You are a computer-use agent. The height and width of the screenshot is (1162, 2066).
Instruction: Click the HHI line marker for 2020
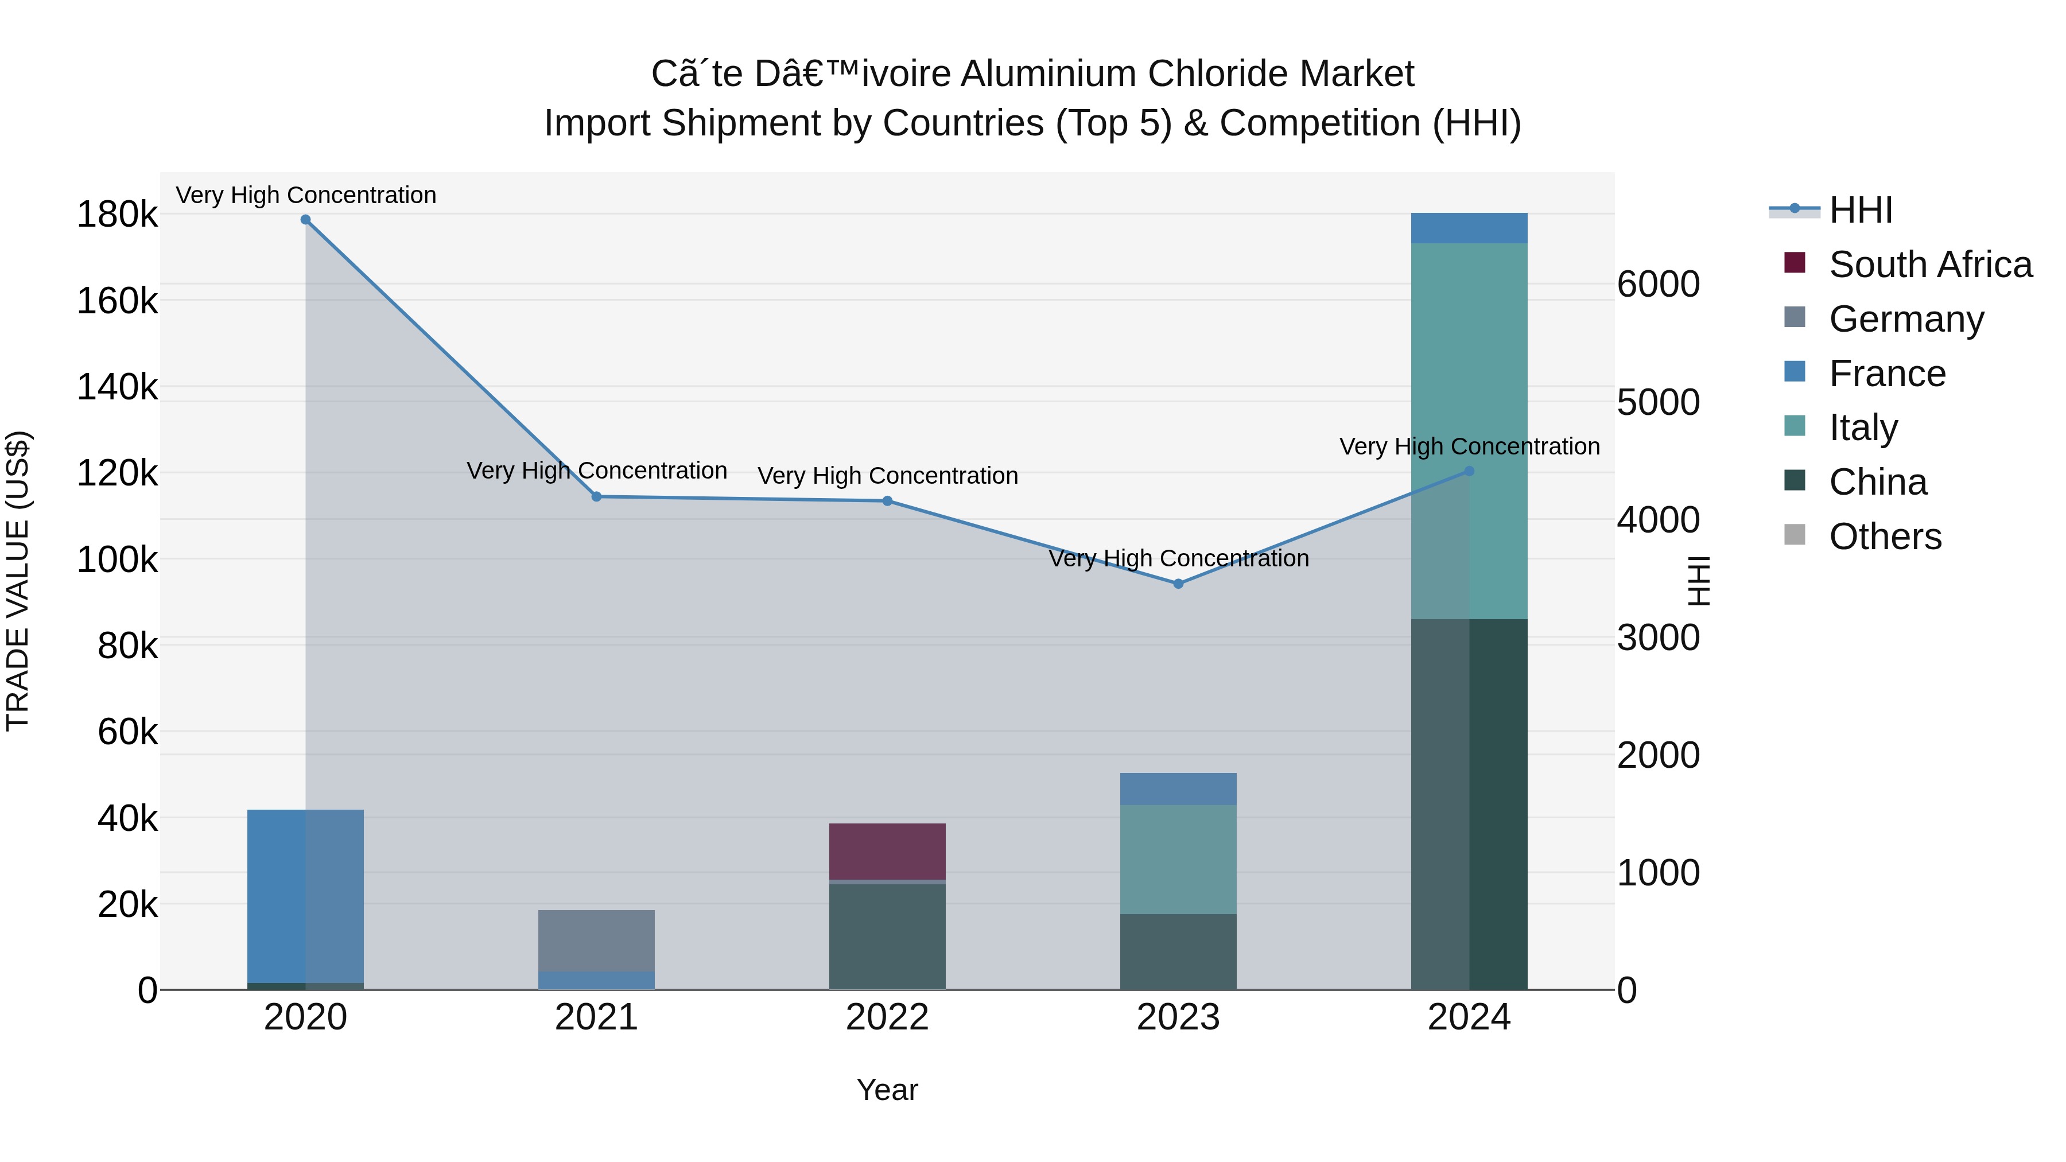pos(305,220)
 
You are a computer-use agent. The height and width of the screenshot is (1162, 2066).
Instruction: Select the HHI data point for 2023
pos(1178,584)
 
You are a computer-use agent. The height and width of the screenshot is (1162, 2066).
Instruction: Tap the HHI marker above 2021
pos(597,496)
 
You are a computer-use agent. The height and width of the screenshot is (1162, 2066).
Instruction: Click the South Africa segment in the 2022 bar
pos(887,851)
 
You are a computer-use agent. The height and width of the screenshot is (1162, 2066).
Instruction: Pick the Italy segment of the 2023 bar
pos(1178,859)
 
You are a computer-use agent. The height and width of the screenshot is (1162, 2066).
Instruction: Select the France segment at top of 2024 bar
pos(1469,228)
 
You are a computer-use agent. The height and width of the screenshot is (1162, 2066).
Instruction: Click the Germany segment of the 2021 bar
pos(597,940)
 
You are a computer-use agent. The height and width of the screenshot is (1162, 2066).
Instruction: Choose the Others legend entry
pos(1885,537)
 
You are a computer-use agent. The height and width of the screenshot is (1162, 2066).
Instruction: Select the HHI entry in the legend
pos(1861,210)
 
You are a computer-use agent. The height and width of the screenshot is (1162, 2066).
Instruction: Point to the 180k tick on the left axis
pos(117,215)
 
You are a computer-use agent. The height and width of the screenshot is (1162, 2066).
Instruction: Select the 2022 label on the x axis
pos(887,1017)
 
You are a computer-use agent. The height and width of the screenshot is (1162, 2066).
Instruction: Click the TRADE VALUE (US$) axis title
pos(18,581)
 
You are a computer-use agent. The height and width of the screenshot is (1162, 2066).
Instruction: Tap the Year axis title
pos(887,1090)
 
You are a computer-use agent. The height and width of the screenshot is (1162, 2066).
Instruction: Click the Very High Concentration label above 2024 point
pos(1469,446)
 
